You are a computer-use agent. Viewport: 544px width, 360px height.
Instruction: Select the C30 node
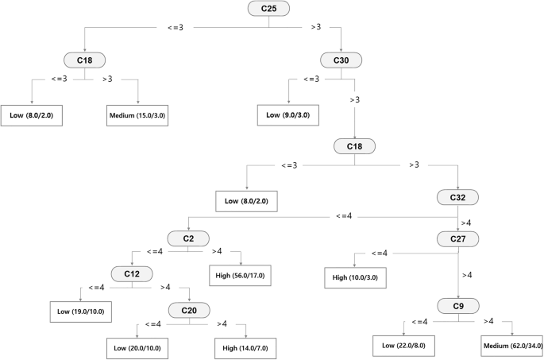[x=341, y=60]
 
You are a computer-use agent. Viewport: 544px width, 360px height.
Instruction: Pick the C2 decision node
[x=188, y=238]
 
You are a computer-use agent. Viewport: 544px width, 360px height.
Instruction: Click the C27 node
[x=457, y=238]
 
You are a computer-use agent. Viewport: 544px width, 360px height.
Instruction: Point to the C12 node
[x=133, y=273]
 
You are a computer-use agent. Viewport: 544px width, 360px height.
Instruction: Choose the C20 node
[x=188, y=310]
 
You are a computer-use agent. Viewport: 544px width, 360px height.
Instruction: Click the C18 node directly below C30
[x=354, y=147]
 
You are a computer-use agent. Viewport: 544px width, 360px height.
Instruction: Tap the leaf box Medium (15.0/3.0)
[x=137, y=116]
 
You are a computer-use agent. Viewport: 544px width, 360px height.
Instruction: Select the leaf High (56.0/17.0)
[x=242, y=276]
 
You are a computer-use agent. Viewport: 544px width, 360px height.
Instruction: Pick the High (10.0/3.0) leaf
[x=355, y=278]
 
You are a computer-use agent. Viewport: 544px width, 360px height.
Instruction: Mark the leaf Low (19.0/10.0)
[x=79, y=311]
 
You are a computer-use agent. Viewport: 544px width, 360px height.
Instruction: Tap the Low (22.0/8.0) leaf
[x=404, y=346]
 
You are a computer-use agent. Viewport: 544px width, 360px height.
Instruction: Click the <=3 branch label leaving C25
[x=175, y=27]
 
